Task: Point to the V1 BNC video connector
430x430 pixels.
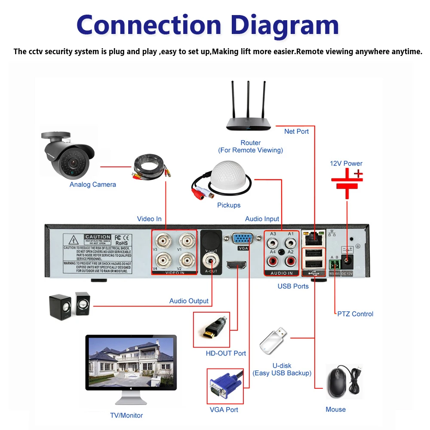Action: point(187,241)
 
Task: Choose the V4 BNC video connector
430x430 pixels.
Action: point(163,260)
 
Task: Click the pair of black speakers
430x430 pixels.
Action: point(70,306)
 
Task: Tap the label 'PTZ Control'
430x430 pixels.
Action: point(355,314)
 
